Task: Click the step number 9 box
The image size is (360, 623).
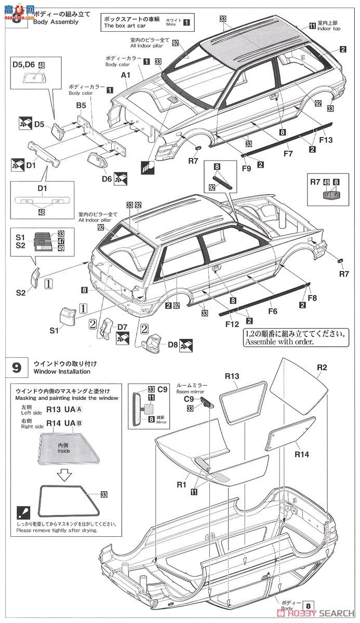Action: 17,368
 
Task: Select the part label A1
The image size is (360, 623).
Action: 125,75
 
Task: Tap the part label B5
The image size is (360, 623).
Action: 81,105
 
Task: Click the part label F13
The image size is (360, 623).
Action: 326,140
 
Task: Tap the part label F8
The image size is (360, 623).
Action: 312,298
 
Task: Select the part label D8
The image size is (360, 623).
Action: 174,344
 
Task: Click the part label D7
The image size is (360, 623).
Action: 123,327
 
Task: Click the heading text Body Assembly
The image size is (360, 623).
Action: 56,22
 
